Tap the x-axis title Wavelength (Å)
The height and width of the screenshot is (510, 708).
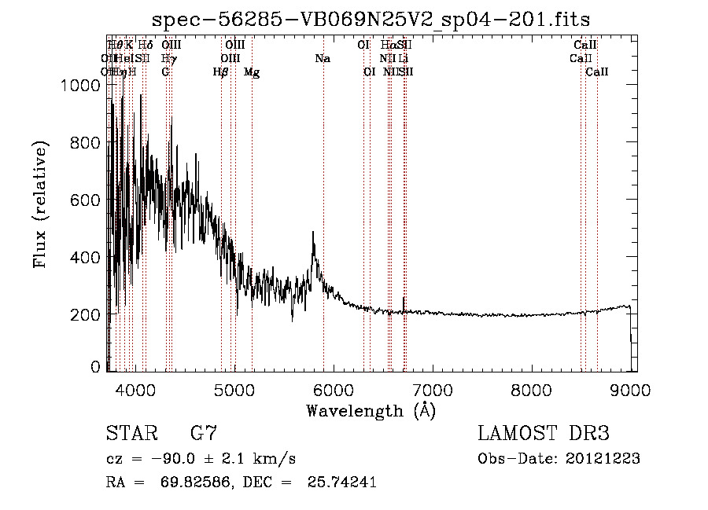[371, 410]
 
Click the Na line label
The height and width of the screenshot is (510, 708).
[323, 59]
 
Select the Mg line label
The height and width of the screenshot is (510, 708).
[252, 72]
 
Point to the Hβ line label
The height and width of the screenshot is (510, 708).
[221, 72]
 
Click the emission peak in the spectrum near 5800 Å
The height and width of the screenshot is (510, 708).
[313, 233]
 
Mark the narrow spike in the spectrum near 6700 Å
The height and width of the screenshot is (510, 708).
[404, 299]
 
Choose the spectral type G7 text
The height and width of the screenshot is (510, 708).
[203, 434]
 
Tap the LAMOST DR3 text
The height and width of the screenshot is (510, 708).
[543, 434]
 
